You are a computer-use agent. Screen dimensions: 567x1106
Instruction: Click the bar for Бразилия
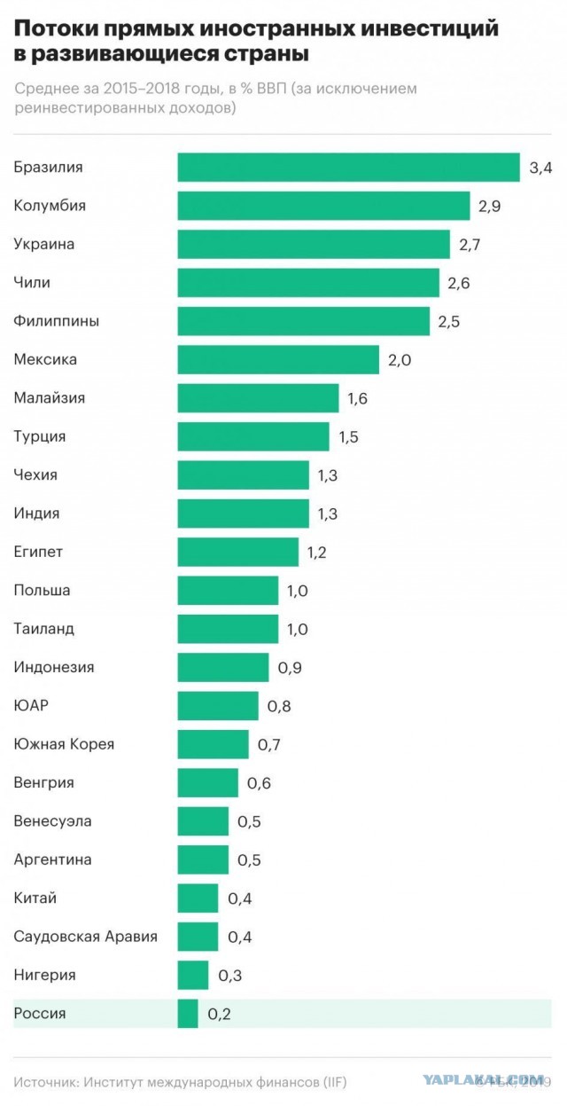[348, 168]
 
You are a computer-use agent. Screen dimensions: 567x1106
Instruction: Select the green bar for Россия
[188, 1014]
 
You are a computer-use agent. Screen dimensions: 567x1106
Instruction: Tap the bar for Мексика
[278, 359]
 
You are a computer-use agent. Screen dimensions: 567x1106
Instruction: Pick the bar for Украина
[315, 244]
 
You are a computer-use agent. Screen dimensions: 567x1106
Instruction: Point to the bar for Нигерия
[193, 975]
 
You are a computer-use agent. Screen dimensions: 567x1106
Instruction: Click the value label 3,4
[541, 169]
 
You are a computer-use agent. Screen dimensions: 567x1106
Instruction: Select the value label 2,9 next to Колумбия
[490, 207]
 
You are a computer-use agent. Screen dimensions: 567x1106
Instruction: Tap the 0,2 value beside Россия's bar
[219, 1014]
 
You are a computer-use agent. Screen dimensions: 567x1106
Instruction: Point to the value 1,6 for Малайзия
[357, 398]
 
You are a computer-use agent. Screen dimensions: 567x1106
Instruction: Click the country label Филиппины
[56, 321]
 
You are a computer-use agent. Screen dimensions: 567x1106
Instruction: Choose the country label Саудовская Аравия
[85, 937]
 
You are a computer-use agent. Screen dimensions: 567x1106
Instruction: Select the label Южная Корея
[64, 744]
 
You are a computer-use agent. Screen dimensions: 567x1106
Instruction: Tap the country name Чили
[32, 282]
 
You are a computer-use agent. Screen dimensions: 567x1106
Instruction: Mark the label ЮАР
[31, 705]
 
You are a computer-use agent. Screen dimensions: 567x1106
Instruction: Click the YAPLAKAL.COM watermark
[483, 1079]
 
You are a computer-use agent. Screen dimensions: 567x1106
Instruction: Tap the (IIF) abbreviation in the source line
[335, 1083]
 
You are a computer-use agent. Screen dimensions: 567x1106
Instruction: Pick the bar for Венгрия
[208, 782]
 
